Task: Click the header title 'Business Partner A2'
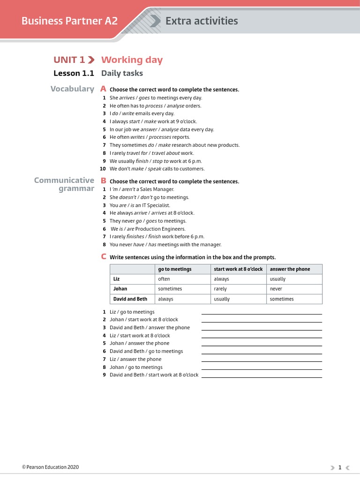coord(69,21)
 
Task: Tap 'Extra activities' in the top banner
coord(201,21)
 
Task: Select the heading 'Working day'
coord(132,60)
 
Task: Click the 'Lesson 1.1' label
coord(74,73)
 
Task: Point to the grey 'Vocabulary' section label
coord(72,89)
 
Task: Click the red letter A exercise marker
coord(103,89)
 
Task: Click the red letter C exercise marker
coord(104,257)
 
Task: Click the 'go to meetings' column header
coord(174,269)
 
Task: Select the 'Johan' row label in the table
coord(120,289)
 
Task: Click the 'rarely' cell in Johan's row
coord(220,289)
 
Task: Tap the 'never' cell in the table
coord(276,289)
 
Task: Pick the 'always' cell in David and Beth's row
coord(165,299)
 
